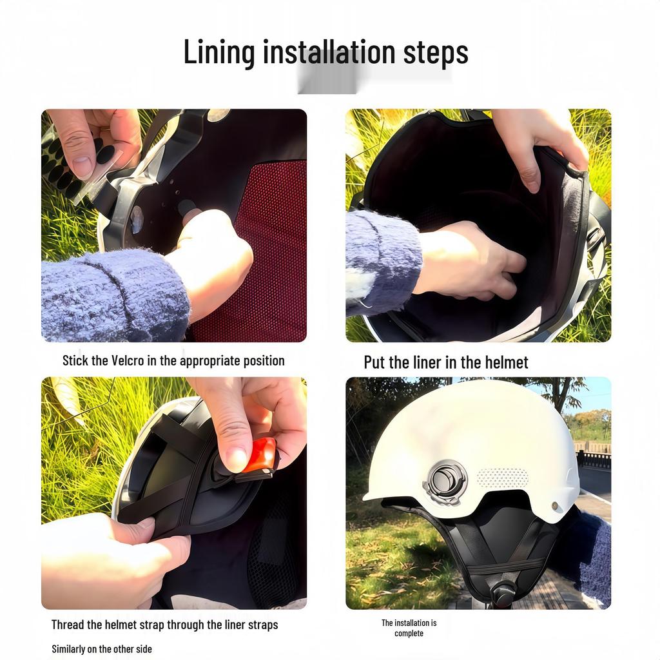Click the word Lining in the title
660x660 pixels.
coord(219,52)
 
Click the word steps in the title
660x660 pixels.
coord(436,52)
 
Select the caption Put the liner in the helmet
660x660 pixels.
coord(446,362)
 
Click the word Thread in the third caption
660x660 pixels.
coord(68,625)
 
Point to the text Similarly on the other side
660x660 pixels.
coord(102,649)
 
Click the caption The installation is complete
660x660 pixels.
coord(409,628)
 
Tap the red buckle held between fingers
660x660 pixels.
coord(260,455)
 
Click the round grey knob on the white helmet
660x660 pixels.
coord(445,481)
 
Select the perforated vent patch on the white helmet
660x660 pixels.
coord(502,478)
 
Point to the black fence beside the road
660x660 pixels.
coord(594,459)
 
